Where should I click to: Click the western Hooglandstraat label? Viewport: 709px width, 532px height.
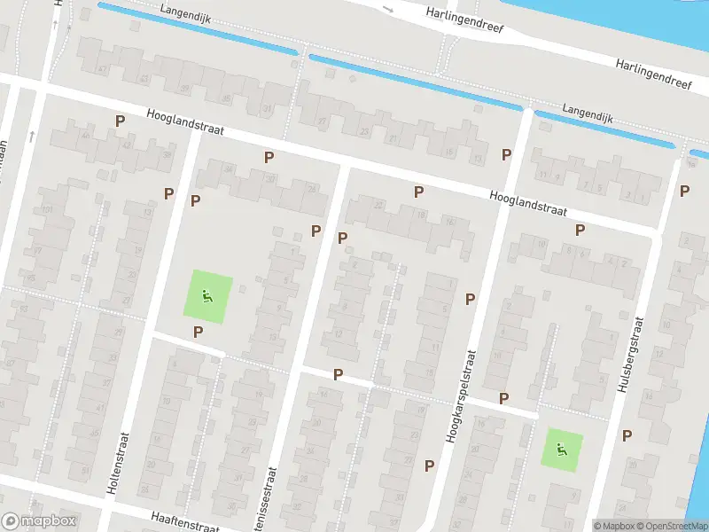coord(185,128)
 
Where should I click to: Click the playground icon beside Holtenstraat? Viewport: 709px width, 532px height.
coord(207,297)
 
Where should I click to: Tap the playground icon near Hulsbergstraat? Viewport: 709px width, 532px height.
coord(562,450)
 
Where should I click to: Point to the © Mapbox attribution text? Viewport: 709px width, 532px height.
coord(613,526)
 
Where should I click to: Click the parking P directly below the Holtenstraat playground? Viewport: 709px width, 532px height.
coord(198,332)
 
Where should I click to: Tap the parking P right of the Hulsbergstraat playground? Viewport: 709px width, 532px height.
coord(627,434)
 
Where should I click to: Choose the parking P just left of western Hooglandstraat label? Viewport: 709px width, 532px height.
coord(118,121)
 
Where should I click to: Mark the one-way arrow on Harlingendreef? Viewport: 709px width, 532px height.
coord(387,10)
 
